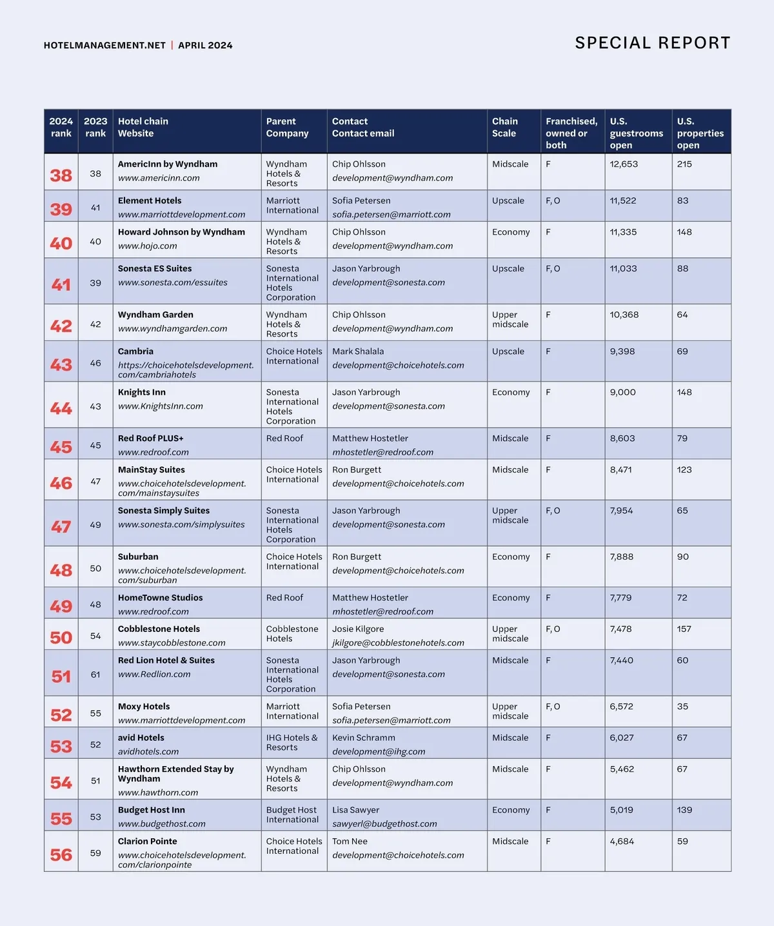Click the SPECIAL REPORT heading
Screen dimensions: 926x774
[652, 43]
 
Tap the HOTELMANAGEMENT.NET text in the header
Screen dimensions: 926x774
[104, 45]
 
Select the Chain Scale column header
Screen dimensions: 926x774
[504, 127]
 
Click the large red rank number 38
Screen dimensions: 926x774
[61, 175]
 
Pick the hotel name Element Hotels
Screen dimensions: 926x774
[150, 201]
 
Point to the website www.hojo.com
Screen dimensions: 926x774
[147, 246]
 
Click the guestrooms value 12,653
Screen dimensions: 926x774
[624, 164]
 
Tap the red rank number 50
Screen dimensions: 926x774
[61, 638]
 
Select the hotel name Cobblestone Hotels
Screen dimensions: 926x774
[159, 629]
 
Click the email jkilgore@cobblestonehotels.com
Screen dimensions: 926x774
[398, 643]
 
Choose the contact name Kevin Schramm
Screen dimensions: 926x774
[364, 738]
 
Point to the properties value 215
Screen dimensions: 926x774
[684, 164]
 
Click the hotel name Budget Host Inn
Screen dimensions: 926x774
[151, 810]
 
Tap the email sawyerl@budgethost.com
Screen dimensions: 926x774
[384, 824]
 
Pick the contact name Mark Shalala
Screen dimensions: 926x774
[358, 351]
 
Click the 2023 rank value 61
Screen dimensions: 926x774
[95, 675]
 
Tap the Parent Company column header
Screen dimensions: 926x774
[287, 127]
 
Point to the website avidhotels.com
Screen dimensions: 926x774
[148, 752]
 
